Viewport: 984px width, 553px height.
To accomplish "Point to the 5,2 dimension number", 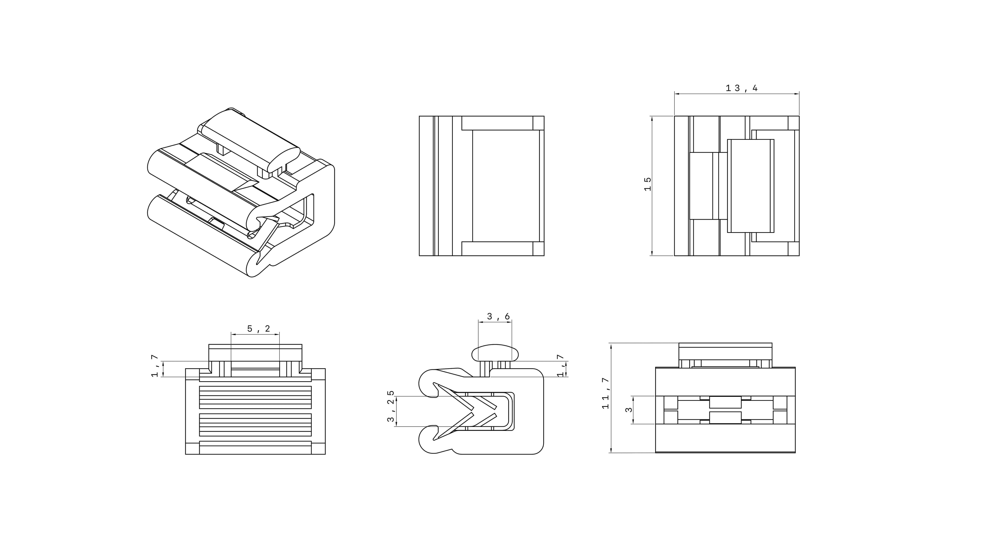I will coord(259,329).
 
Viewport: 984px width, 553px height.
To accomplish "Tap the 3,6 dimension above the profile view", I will coord(498,316).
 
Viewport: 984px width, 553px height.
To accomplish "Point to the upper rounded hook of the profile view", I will coord(429,384).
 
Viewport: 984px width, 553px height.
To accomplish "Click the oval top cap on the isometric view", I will coord(250,137).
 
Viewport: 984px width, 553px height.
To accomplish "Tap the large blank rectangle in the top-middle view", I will coord(505,186).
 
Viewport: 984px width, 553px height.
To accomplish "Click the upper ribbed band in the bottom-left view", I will coord(255,397).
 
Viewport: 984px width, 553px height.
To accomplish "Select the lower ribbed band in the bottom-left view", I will coord(255,425).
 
